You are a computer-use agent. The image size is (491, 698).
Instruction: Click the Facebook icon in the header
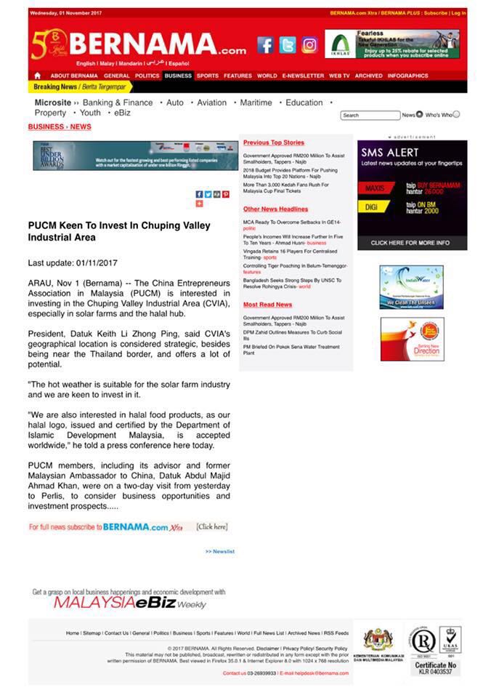266,45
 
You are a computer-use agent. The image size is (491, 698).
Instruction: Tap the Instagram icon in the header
309,45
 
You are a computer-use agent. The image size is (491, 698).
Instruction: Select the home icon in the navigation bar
37,76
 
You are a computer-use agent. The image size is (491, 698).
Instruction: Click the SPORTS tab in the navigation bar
207,76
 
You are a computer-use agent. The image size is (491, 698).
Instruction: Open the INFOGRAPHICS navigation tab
407,76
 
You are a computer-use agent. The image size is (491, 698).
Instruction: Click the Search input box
370,115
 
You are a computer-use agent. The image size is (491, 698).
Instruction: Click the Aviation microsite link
212,103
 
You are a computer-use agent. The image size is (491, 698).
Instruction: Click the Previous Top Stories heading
273,143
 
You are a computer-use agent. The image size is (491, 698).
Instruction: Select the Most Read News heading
267,305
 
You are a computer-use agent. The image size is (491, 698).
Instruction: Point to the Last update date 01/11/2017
72,262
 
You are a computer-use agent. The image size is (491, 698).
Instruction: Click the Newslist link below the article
220,551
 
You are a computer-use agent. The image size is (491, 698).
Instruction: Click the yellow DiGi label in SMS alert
371,207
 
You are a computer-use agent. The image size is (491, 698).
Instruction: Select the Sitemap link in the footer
92,633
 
